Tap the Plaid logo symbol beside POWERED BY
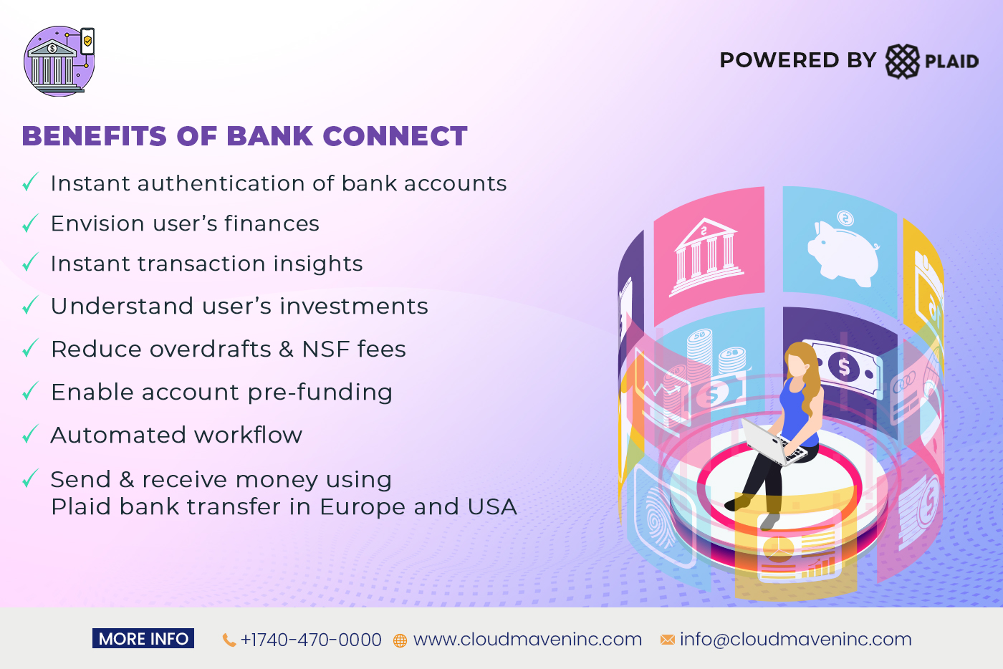(x=902, y=61)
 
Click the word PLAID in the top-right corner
(x=951, y=62)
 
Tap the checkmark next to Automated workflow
(x=29, y=435)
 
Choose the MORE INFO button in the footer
(x=143, y=639)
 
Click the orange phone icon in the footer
(x=229, y=640)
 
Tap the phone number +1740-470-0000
(x=311, y=640)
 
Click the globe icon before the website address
(x=400, y=640)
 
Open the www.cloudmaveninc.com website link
(x=527, y=640)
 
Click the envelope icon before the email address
(x=667, y=640)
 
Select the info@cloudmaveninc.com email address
(x=795, y=640)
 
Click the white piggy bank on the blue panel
(x=843, y=247)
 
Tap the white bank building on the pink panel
(x=706, y=256)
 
